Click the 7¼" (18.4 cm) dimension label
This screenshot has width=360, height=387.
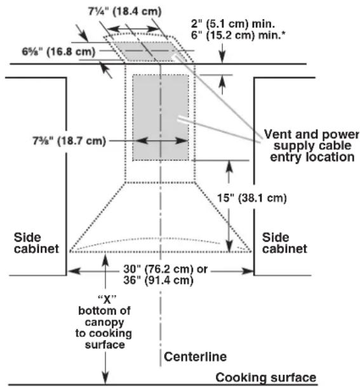coord(125,11)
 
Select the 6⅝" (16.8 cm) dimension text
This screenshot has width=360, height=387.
coord(58,51)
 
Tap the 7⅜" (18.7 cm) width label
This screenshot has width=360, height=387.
coord(69,141)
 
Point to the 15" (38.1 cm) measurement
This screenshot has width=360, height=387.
coord(252,198)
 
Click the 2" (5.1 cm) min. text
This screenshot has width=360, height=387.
coord(233,24)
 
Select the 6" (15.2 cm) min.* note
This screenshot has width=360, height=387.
coord(238,36)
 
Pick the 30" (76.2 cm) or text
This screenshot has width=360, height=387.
coord(165,269)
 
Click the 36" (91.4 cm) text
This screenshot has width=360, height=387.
coord(158,280)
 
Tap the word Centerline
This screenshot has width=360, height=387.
coord(195,357)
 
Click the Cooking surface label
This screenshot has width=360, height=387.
coord(266,377)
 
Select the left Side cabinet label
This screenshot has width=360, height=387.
coord(36,243)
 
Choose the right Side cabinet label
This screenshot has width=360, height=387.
coord(284,243)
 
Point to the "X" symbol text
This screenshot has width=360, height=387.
coord(107,299)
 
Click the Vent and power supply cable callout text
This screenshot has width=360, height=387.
coord(312,146)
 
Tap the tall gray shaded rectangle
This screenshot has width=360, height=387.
coord(161,117)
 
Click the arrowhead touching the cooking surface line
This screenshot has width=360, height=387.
coord(105,378)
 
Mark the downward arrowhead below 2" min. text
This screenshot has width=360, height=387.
coord(222,58)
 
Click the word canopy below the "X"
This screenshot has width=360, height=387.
coord(104,322)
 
